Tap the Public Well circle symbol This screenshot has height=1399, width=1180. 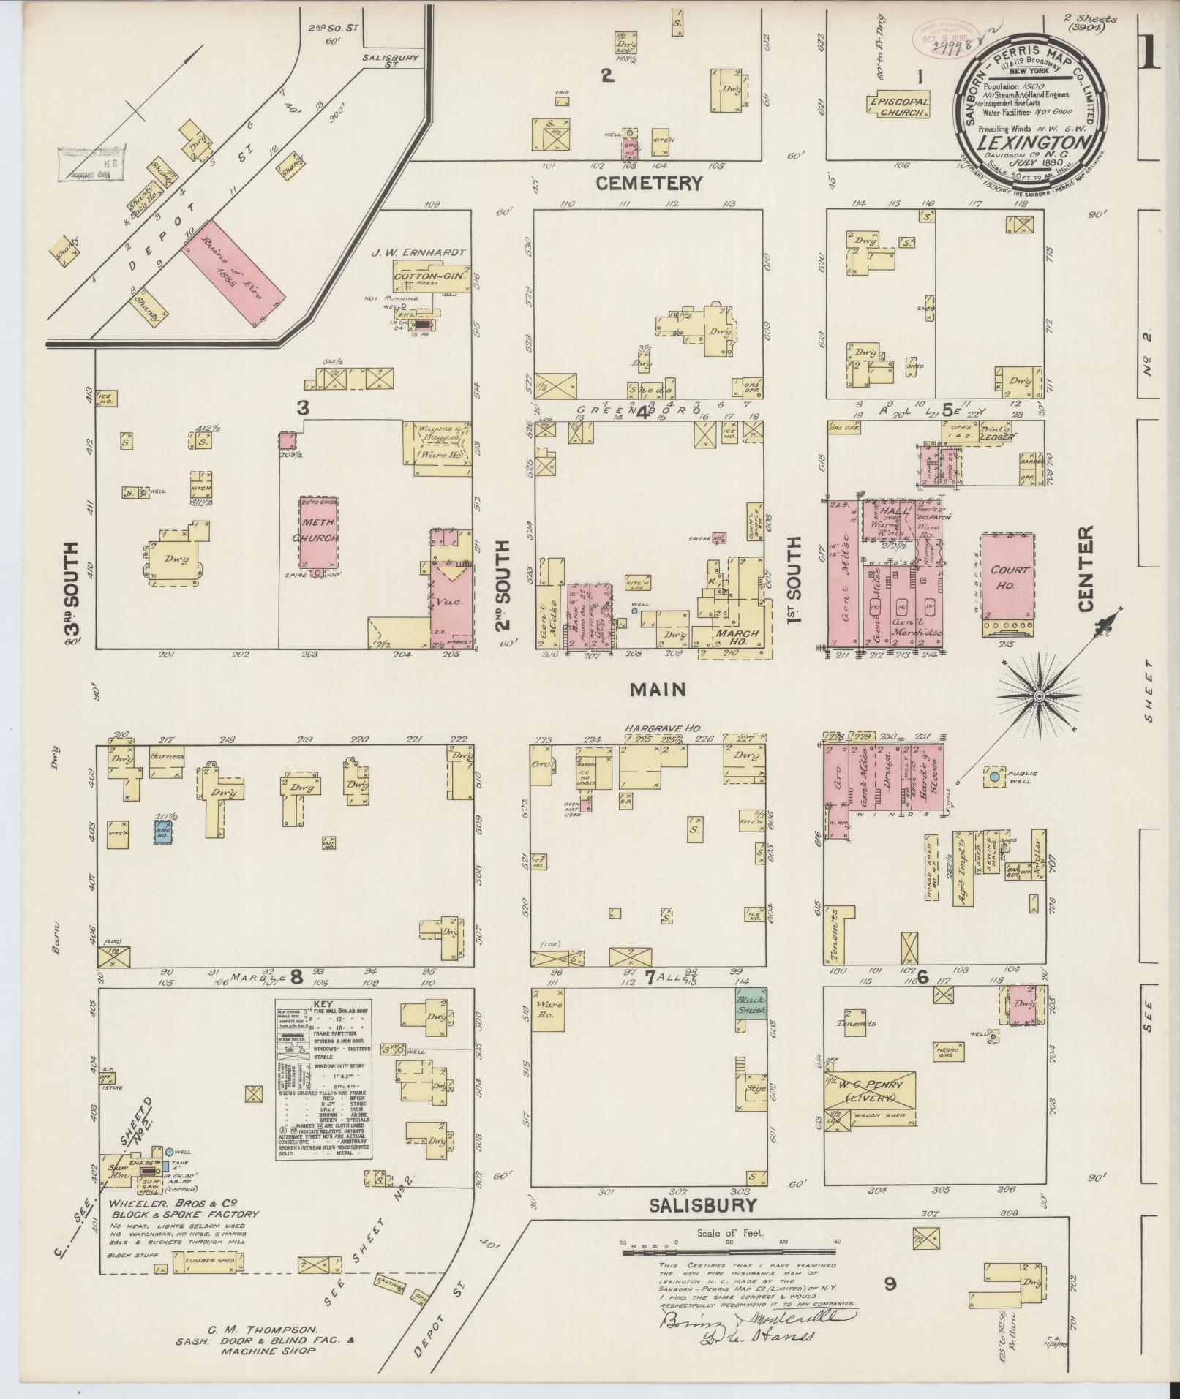994,777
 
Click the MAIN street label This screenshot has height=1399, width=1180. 658,689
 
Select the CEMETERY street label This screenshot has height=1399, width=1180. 649,183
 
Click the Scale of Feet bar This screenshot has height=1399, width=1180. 730,1253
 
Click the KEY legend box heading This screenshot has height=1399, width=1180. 323,1006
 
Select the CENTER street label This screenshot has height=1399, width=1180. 1085,568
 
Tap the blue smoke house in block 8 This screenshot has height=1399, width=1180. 162,833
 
